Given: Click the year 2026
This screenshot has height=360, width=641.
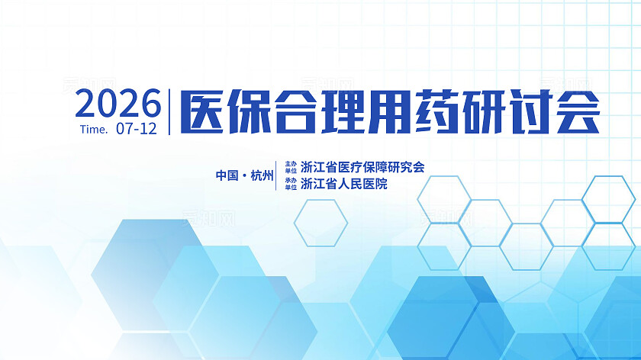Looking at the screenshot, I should [x=118, y=102].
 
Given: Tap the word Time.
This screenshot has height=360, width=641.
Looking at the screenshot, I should [x=93, y=129].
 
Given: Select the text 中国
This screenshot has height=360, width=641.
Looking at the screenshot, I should [x=227, y=175].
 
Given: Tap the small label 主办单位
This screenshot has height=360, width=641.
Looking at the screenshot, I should [x=290, y=167].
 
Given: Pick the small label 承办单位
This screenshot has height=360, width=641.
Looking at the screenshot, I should [x=290, y=184].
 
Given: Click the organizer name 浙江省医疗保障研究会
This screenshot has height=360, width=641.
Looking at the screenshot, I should [x=362, y=167].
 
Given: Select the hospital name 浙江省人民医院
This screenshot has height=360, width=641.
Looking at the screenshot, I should [x=344, y=184].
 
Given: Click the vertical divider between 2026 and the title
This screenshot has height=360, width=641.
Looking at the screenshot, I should [x=169, y=112].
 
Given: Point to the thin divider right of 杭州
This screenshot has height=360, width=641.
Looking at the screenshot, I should [x=276, y=175].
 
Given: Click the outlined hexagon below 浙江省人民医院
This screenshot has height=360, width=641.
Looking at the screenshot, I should [x=320, y=223].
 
